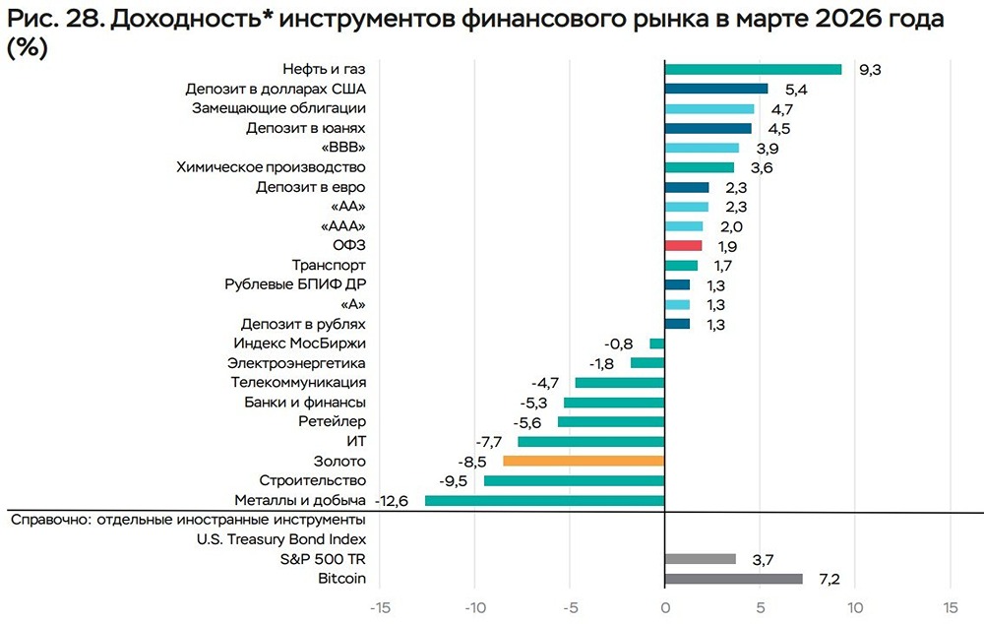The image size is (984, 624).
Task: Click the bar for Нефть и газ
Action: (x=753, y=69)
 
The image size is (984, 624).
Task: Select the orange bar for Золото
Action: (x=584, y=461)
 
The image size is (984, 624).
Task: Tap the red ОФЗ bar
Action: (x=683, y=245)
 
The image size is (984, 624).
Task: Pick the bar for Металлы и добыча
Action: (x=544, y=501)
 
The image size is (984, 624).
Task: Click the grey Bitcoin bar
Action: (x=733, y=579)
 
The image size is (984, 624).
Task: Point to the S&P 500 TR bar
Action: (x=700, y=559)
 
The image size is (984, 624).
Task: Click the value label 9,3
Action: (x=869, y=70)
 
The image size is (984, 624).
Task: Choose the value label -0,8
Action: (x=619, y=344)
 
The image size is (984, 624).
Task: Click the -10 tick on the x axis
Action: (x=473, y=607)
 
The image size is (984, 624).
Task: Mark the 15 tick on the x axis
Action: (x=950, y=607)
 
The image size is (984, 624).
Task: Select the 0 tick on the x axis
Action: (x=665, y=607)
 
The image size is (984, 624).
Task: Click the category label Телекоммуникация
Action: (x=298, y=383)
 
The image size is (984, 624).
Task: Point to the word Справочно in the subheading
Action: (x=48, y=519)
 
